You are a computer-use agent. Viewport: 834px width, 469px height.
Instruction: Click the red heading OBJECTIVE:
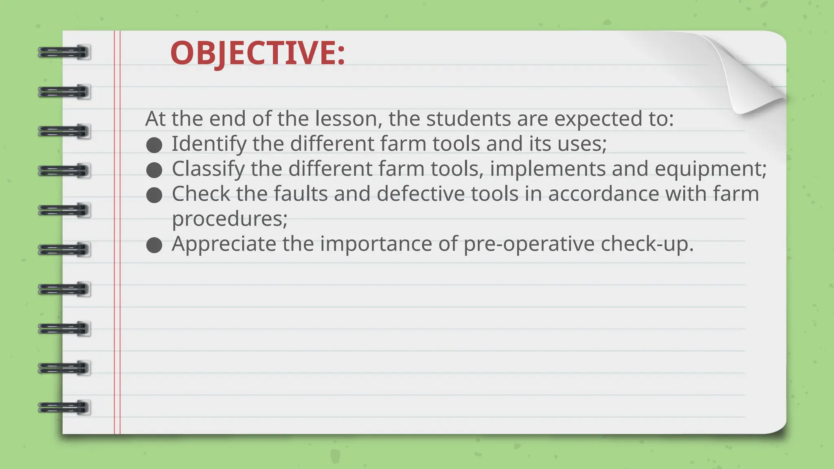coord(257,53)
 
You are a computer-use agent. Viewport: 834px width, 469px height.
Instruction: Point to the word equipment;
coord(711,169)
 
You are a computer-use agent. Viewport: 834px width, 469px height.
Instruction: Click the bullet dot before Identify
coord(154,145)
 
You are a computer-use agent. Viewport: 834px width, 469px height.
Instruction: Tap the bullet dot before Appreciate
coord(154,245)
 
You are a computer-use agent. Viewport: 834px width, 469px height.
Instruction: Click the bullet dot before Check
coord(154,195)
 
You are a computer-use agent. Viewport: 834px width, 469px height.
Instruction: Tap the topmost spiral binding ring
coord(64,53)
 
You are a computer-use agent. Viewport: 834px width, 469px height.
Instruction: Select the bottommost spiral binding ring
coord(64,408)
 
